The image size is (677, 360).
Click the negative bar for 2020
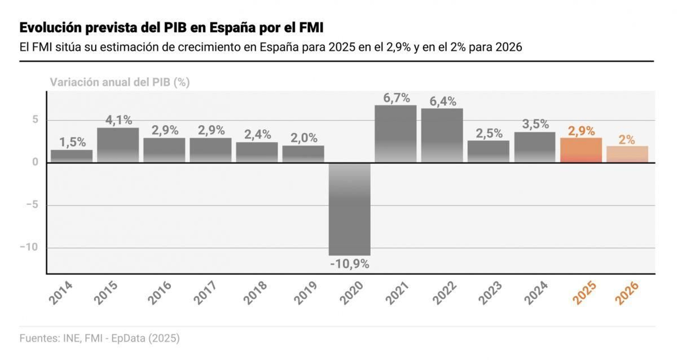click(350, 209)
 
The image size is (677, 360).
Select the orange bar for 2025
click(581, 150)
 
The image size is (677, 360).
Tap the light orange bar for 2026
click(627, 154)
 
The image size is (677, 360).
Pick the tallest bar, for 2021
click(396, 133)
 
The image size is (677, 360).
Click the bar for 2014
click(72, 156)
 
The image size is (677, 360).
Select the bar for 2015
click(118, 145)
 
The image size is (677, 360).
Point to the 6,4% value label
click(443, 102)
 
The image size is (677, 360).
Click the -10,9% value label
click(350, 264)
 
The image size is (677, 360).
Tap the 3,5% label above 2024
click(535, 124)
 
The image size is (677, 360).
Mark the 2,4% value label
click(257, 135)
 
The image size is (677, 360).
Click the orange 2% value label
click(627, 140)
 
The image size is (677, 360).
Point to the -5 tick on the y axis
click(32, 205)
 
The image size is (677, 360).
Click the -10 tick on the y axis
click(29, 247)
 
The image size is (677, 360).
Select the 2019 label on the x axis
click(305, 293)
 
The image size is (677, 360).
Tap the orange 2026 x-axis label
click(627, 293)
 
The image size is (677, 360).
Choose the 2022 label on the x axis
click(444, 293)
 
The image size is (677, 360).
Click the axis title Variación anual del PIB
click(120, 82)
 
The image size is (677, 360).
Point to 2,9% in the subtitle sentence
click(398, 47)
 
